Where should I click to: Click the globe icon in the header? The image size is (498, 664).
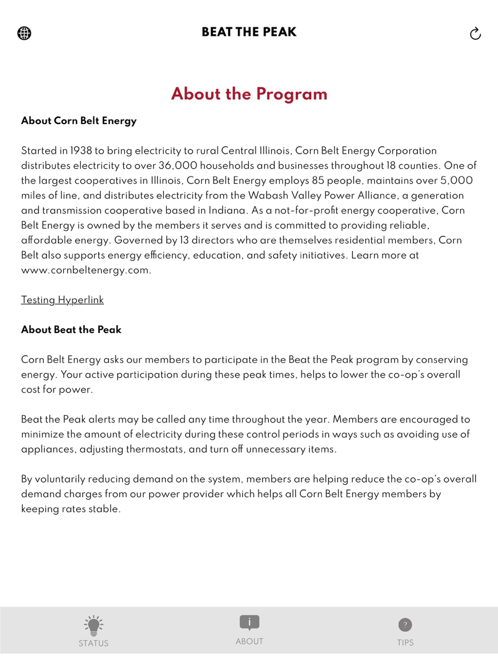pyautogui.click(x=24, y=33)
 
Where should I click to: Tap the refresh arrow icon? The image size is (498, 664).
pyautogui.click(x=475, y=33)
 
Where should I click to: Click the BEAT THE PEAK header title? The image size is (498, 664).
pyautogui.click(x=249, y=32)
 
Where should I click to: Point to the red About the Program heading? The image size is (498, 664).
pyautogui.click(x=249, y=94)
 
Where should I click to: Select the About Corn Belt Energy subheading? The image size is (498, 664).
pyautogui.click(x=79, y=120)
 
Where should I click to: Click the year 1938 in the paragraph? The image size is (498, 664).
pyautogui.click(x=81, y=150)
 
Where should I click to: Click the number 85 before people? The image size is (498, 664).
pyautogui.click(x=318, y=180)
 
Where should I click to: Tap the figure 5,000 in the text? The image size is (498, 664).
pyautogui.click(x=456, y=180)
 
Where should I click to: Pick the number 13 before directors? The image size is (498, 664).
pyautogui.click(x=184, y=240)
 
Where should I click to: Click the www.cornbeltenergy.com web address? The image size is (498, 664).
pyautogui.click(x=85, y=270)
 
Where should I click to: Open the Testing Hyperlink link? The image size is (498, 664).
pyautogui.click(x=62, y=300)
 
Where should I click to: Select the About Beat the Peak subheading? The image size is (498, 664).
pyautogui.click(x=71, y=330)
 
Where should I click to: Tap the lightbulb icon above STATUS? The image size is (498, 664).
pyautogui.click(x=94, y=625)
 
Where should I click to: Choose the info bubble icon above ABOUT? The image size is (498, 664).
pyautogui.click(x=249, y=622)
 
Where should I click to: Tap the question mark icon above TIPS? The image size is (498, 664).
pyautogui.click(x=405, y=625)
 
